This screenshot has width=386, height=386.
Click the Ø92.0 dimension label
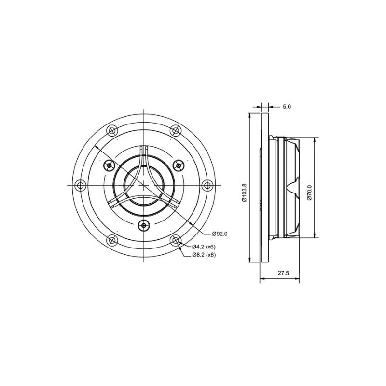tap(219, 234)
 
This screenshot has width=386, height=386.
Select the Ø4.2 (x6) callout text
tap(203, 247)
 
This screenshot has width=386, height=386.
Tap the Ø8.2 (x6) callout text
tap(203, 255)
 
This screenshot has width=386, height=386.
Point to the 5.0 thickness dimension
tap(287, 106)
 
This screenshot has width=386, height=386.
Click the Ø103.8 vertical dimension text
tap(245, 193)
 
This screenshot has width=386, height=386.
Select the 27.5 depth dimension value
tap(283, 273)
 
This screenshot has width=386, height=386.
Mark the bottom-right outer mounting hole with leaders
tap(176, 240)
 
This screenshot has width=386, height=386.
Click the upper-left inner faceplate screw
tap(109, 165)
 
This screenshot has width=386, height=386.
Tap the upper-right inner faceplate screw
tap(179, 165)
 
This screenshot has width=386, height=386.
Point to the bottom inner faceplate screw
tap(144, 225)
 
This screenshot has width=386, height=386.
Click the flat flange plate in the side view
tap(264, 188)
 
